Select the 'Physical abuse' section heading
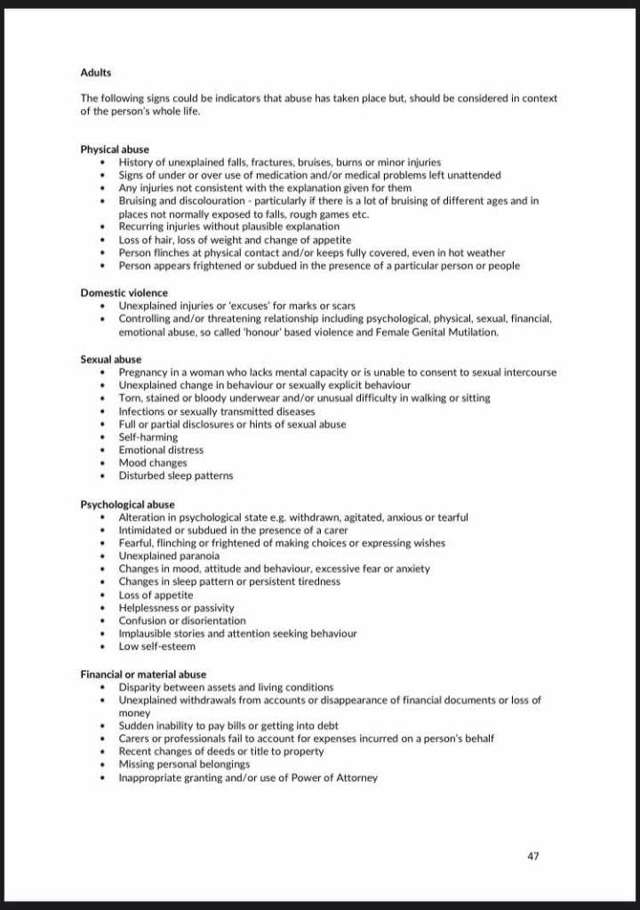pos(115,149)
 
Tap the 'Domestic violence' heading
pos(124,292)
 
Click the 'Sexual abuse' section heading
pos(110,359)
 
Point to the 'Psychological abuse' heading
pos(127,505)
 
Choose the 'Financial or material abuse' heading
pos(143,675)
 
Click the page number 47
pos(533,857)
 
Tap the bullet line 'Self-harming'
pos(148,437)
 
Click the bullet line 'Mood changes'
pos(152,463)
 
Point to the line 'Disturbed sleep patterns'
pos(176,475)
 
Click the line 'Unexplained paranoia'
pos(169,556)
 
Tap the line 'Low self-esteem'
pos(156,647)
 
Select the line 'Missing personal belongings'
pos(184,764)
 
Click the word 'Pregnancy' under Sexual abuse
pos(144,372)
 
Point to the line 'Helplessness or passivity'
pos(176,608)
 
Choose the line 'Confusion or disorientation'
pos(182,621)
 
